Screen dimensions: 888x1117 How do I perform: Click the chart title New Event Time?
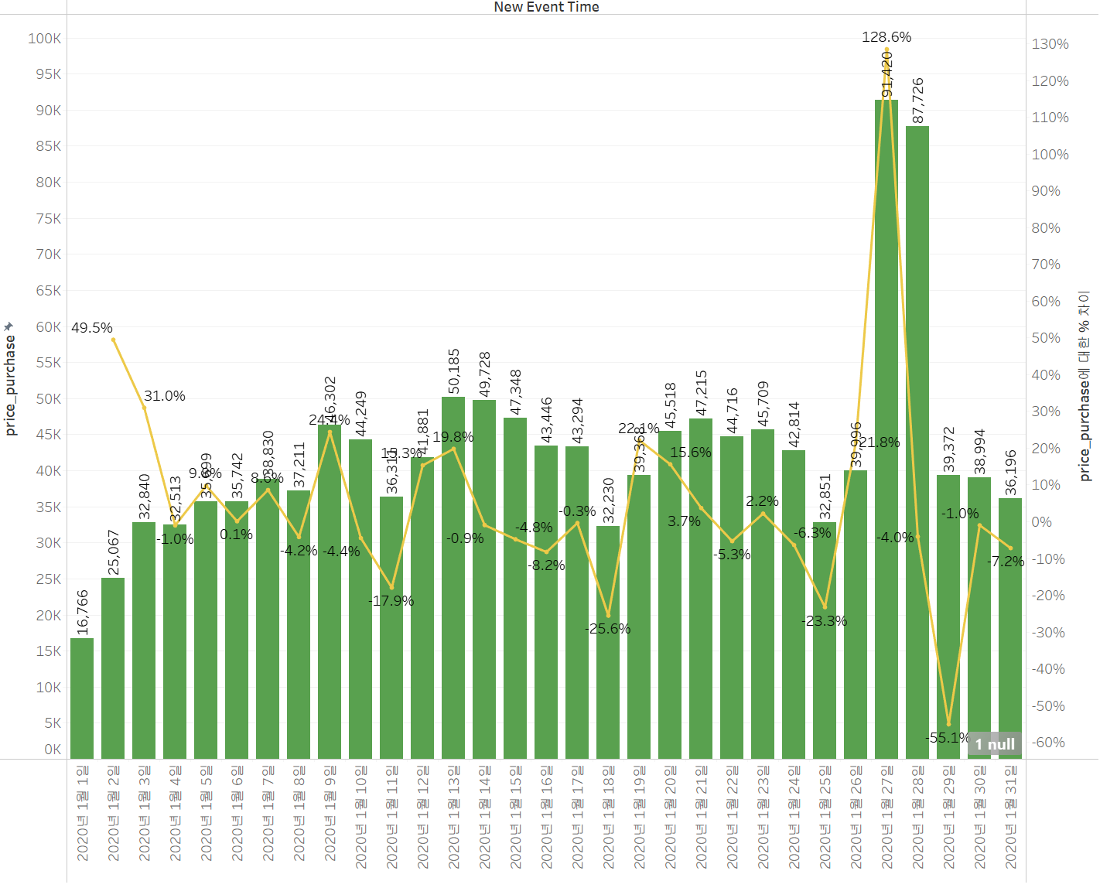pos(546,7)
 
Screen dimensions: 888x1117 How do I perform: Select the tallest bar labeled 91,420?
pos(886,433)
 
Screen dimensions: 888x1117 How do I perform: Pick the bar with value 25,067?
pos(113,668)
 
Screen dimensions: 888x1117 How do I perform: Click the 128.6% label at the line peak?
pos(886,37)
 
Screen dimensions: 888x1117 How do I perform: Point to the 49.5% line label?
pos(92,328)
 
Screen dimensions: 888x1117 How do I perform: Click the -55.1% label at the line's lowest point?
pos(947,738)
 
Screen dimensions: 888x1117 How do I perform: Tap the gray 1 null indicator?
pos(995,744)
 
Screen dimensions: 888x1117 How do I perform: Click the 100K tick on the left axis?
pos(44,39)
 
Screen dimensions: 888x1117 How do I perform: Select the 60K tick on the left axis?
pos(48,327)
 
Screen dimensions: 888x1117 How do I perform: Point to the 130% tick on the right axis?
pos(1050,44)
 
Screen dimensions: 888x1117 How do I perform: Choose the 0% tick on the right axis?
pos(1041,522)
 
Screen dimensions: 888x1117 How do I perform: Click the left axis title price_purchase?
pos(11,384)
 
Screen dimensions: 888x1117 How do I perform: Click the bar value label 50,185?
pos(454,371)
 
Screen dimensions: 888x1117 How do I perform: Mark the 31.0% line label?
pos(165,396)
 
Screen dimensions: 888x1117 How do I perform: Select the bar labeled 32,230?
pos(608,642)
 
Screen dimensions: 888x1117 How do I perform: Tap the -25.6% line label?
pos(610,629)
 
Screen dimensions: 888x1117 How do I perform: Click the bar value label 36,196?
pos(1011,473)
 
